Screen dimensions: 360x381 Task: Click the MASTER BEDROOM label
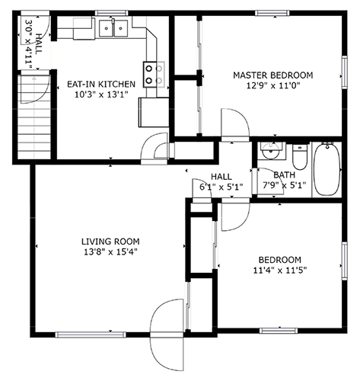click(273, 75)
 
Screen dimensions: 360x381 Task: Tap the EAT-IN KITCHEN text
click(101, 84)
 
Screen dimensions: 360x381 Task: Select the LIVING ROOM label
click(110, 242)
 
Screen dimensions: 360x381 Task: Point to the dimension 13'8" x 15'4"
click(110, 252)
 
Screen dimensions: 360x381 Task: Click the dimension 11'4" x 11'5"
click(280, 271)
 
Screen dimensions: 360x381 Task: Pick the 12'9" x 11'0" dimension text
click(273, 86)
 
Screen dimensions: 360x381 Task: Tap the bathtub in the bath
click(327, 168)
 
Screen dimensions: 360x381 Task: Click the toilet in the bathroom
click(299, 157)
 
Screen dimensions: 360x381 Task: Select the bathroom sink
click(270, 150)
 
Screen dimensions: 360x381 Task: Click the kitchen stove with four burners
click(154, 75)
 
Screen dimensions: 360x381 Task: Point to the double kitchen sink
click(113, 28)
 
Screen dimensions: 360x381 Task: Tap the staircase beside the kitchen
click(34, 117)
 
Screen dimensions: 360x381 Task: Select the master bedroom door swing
click(235, 124)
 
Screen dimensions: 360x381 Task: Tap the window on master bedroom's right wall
click(344, 72)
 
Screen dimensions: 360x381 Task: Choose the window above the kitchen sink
click(111, 13)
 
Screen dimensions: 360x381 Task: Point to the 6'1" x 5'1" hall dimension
click(221, 187)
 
